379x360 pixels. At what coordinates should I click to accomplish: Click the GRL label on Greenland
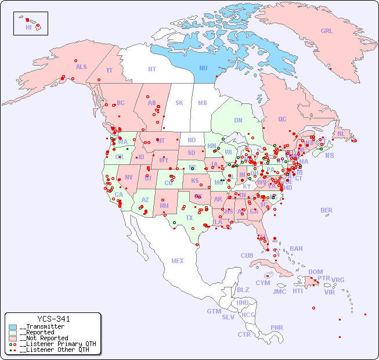(x=327, y=31)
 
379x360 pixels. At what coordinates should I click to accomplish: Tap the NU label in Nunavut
(x=203, y=68)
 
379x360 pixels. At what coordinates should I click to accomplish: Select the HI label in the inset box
(x=28, y=27)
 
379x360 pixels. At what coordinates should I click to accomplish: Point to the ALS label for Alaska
(x=81, y=67)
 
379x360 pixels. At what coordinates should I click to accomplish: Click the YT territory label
(x=109, y=70)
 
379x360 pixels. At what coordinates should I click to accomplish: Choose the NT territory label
(x=151, y=69)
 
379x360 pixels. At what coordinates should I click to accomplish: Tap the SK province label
(x=179, y=103)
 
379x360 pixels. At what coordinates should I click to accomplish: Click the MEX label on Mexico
(x=177, y=261)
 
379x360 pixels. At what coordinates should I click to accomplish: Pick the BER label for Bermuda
(x=327, y=211)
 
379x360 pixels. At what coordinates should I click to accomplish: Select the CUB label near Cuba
(x=247, y=255)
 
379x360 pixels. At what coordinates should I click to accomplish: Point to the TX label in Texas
(x=189, y=218)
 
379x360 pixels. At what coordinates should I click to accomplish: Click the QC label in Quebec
(x=282, y=119)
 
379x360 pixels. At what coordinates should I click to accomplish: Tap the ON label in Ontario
(x=238, y=121)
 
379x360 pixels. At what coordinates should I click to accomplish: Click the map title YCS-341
(x=53, y=319)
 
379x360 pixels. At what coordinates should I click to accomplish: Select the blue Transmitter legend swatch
(x=13, y=327)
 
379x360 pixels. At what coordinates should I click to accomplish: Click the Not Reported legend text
(x=44, y=338)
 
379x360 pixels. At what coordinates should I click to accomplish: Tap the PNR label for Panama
(x=277, y=327)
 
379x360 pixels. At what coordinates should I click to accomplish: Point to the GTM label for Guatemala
(x=214, y=311)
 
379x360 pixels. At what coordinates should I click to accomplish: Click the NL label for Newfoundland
(x=341, y=134)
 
